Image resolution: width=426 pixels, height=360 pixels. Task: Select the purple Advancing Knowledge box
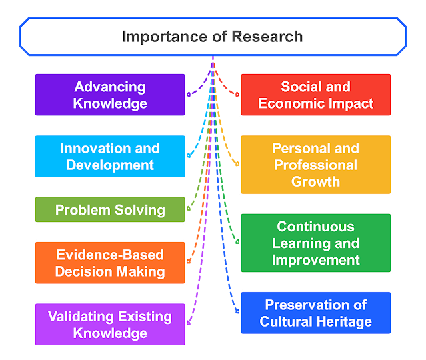pyautogui.click(x=110, y=95)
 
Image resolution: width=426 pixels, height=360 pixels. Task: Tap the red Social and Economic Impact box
pyautogui.click(x=315, y=95)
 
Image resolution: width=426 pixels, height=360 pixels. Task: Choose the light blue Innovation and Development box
pyautogui.click(x=110, y=156)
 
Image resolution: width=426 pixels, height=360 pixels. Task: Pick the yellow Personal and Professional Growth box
pyautogui.click(x=315, y=165)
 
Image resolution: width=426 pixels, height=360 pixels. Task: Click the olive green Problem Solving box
pyautogui.click(x=110, y=210)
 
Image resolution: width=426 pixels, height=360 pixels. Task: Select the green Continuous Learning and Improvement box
pyautogui.click(x=315, y=243)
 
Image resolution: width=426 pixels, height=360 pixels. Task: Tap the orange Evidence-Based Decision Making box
pyautogui.click(x=110, y=263)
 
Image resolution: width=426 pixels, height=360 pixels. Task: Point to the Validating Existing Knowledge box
pyautogui.click(x=110, y=324)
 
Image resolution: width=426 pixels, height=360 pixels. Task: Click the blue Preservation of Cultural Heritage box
pyautogui.click(x=315, y=313)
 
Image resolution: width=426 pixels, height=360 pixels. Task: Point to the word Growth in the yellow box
pyautogui.click(x=315, y=181)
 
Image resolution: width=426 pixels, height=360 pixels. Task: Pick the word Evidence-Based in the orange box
pyautogui.click(x=110, y=255)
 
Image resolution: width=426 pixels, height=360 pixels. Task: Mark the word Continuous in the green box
pyautogui.click(x=315, y=227)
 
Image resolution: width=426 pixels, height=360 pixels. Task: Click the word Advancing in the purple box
pyautogui.click(x=110, y=87)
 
